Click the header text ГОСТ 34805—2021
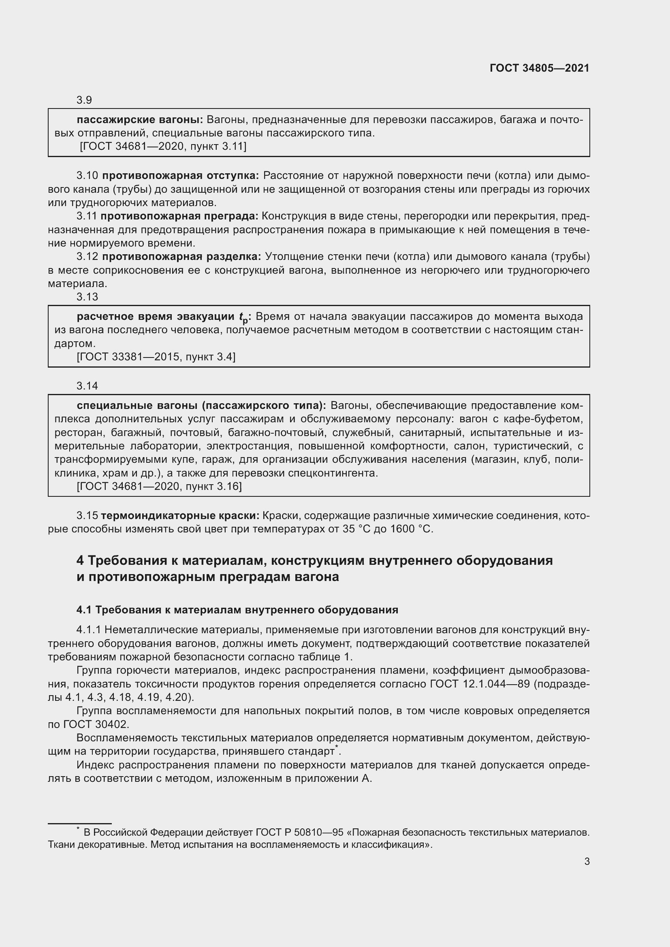pos(539,68)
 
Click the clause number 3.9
pos(84,100)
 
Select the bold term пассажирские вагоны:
pos(139,120)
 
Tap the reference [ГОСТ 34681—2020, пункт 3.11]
pos(163,147)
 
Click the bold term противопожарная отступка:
pos(180,176)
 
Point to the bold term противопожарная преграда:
pos(179,216)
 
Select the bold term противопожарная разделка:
pos(181,257)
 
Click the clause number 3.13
pos(87,296)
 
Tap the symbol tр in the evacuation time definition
pos(243,317)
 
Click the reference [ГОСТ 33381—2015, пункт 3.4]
pos(156,357)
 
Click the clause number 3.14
pos(87,386)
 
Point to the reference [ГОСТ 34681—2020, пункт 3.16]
pos(159,486)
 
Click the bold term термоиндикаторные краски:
pos(180,515)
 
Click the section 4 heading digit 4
pos(80,560)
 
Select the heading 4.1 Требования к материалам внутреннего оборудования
pos(237,610)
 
